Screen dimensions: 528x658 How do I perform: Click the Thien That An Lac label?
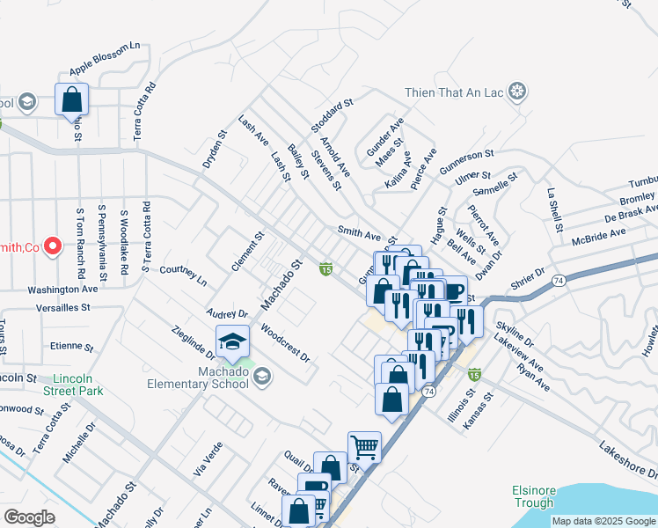pos(456,92)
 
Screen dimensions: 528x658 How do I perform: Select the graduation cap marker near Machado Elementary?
pos(231,342)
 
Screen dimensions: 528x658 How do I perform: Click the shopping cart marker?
pos(364,447)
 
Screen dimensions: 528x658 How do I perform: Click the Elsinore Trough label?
pos(533,497)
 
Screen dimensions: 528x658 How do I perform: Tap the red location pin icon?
pos(51,246)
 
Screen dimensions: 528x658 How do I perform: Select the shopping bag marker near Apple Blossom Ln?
pos(71,99)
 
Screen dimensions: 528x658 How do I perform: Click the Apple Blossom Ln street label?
pos(106,57)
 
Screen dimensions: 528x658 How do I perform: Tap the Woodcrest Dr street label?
pos(286,344)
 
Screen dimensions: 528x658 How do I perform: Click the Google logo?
pos(29,517)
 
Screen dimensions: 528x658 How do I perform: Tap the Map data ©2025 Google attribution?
pos(603,521)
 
